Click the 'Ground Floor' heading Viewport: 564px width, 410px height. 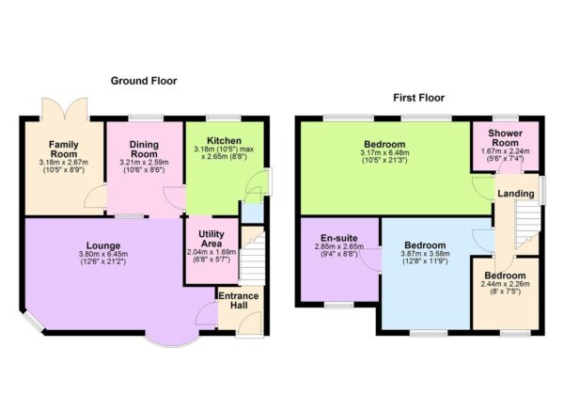[x=144, y=81]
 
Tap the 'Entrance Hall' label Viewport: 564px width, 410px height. [x=239, y=303]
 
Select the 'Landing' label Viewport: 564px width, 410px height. [x=516, y=194]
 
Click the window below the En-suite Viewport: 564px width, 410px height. [x=337, y=305]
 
